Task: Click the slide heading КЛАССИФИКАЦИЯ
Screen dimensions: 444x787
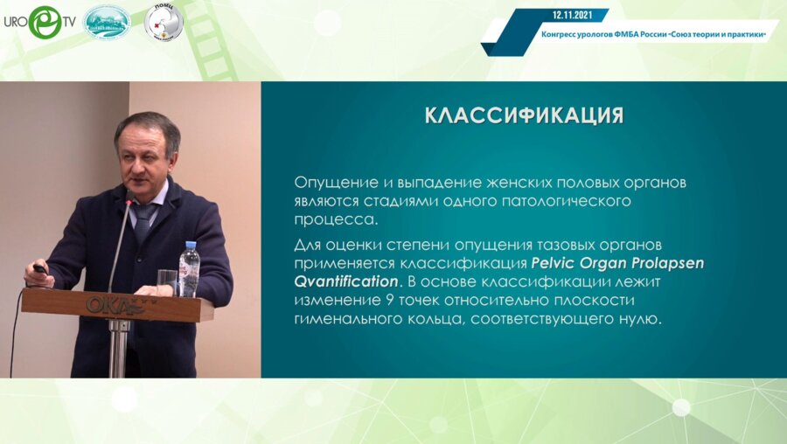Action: pos(523,116)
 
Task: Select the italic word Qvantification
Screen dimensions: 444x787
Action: pos(345,282)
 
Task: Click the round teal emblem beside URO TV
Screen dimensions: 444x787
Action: pos(107,21)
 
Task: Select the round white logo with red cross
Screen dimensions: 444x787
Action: pos(163,21)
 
